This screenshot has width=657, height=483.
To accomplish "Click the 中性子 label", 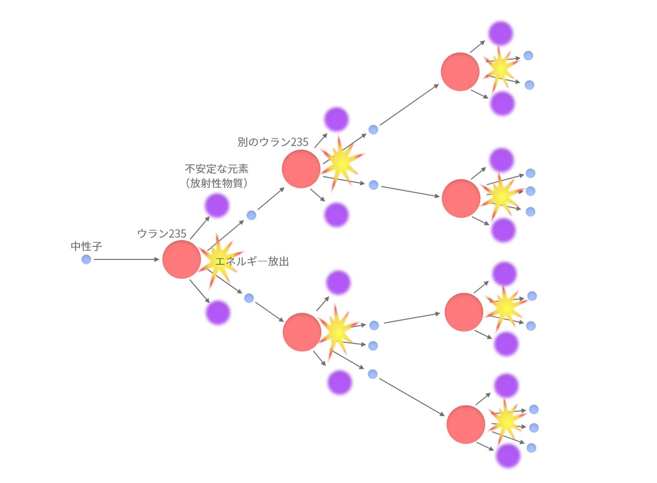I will (x=86, y=246).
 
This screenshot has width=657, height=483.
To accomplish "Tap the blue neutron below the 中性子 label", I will (x=86, y=259).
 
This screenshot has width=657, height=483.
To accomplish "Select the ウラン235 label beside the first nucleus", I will (x=162, y=233).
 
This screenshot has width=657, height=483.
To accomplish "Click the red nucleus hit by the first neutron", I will (x=182, y=259).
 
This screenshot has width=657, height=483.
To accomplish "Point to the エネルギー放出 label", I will (x=252, y=261).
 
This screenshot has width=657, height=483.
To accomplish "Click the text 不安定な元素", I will (x=216, y=169).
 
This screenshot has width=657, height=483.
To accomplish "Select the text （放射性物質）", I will (x=216, y=183).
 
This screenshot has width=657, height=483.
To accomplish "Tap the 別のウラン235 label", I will (x=273, y=142).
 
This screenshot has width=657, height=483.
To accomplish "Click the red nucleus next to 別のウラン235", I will (x=301, y=169).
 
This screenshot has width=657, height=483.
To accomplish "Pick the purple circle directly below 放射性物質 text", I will (x=217, y=205).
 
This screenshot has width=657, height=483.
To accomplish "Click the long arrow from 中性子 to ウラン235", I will (x=126, y=259).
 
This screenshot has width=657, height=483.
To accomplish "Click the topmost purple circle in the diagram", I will (x=501, y=33).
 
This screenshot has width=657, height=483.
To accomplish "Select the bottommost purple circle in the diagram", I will (x=508, y=456).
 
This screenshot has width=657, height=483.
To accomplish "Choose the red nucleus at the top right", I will (x=460, y=72).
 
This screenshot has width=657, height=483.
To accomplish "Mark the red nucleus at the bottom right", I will (x=465, y=424).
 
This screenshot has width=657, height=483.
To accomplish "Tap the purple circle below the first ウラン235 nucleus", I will (x=218, y=312).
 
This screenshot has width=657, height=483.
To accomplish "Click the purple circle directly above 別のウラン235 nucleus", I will (x=336, y=119).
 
